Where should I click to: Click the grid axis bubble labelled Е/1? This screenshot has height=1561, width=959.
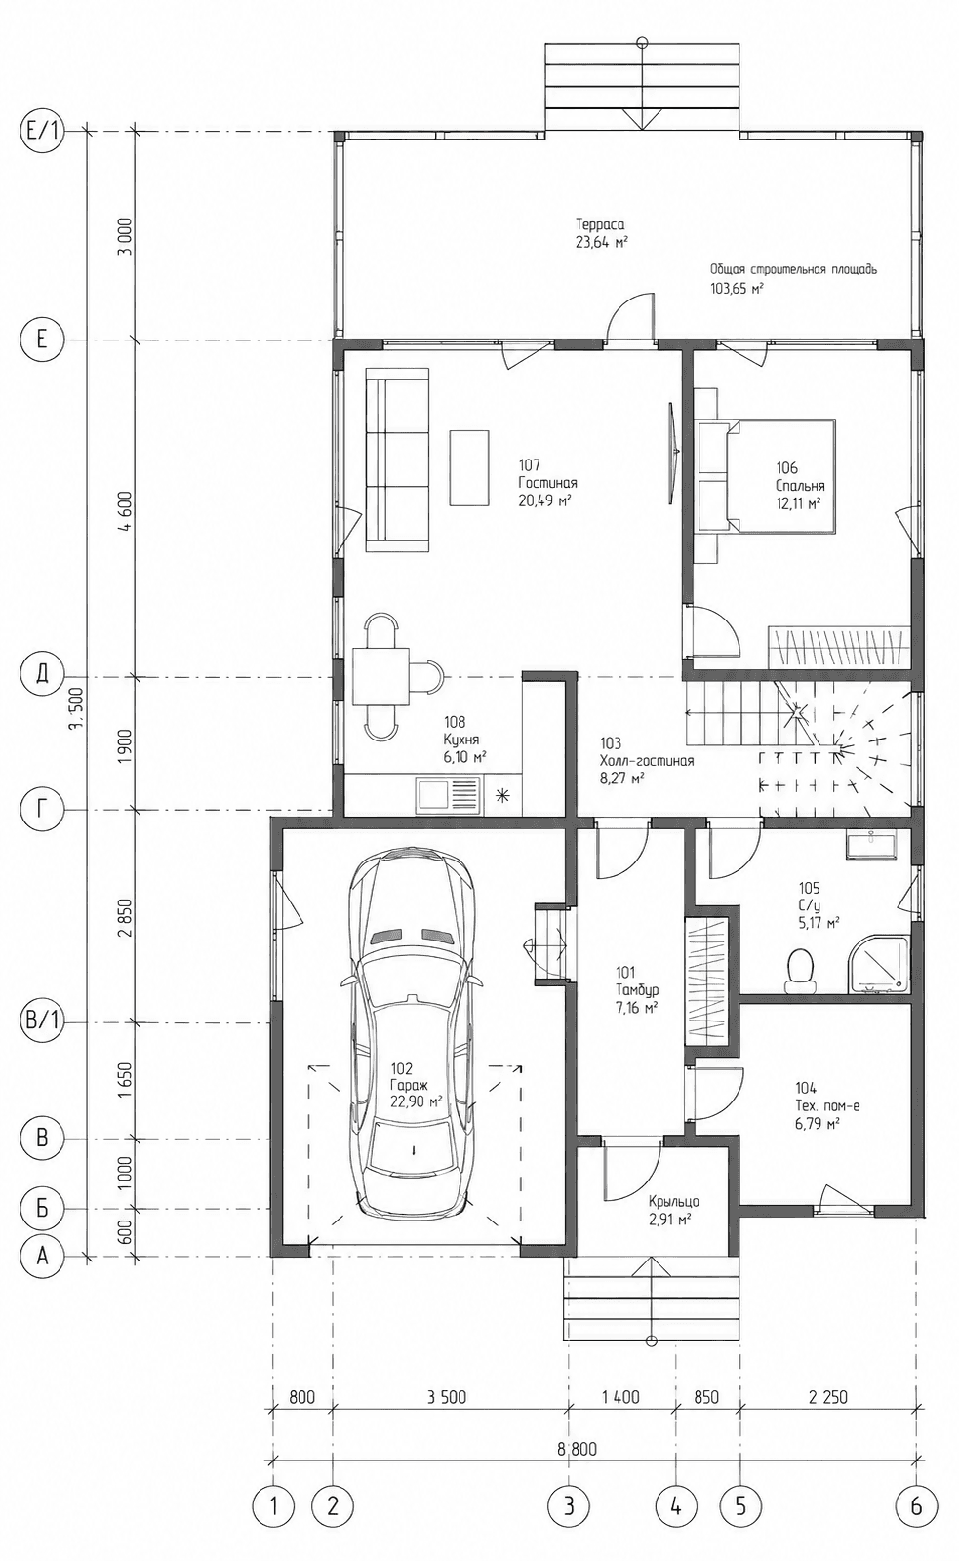42,131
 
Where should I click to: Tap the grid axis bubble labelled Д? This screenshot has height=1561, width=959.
42,676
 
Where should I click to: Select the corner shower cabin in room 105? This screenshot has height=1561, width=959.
879,964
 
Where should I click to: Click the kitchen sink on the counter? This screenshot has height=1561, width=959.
448,794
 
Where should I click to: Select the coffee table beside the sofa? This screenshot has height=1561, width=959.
469,467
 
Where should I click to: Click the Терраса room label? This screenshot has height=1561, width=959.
599,224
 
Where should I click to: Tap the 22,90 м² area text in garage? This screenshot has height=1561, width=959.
416,1101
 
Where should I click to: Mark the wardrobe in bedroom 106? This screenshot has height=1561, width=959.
839,648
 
